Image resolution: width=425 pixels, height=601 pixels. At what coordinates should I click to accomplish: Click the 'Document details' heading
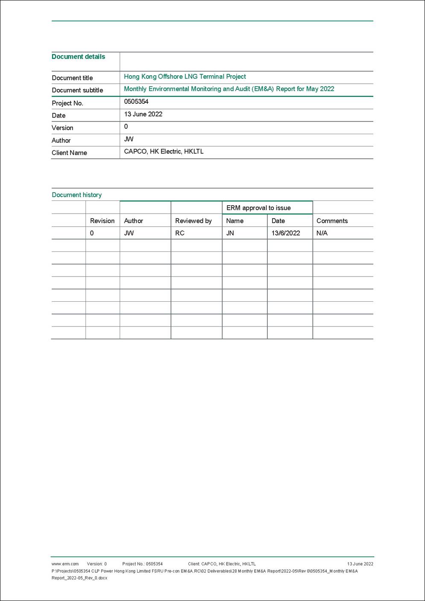point(78,57)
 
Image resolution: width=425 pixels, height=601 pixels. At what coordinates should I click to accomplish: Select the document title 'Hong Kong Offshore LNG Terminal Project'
point(185,77)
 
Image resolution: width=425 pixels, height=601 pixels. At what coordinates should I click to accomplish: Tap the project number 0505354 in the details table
point(136,102)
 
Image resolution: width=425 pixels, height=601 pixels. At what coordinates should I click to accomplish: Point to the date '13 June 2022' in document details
point(143,114)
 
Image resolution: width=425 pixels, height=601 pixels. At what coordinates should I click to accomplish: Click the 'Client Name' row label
point(69,153)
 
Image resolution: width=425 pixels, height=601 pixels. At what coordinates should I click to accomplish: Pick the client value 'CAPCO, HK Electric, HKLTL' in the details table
point(164,152)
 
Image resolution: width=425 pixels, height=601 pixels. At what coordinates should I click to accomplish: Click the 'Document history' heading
point(76,195)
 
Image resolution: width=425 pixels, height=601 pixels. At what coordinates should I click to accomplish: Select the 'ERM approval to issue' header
point(258,208)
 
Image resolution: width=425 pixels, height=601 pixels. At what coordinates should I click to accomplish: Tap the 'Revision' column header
point(102,221)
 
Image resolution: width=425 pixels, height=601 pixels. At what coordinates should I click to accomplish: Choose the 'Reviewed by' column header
point(193,221)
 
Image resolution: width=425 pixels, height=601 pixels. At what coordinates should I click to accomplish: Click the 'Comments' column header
point(332,221)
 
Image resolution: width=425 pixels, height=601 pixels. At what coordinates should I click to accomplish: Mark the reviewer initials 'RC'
point(180,233)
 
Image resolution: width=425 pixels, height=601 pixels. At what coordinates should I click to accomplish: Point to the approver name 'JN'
point(230,233)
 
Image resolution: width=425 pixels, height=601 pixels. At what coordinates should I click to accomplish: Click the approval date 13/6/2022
point(286,233)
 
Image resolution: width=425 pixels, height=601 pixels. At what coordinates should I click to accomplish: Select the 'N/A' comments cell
point(322,233)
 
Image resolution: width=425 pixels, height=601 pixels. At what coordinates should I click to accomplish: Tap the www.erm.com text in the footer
point(65,564)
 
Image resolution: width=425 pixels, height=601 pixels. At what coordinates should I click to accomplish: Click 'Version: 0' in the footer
point(97,564)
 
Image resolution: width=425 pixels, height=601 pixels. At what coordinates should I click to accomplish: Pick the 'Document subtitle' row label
point(77,90)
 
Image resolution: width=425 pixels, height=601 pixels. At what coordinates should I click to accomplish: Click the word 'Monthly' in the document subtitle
point(135,89)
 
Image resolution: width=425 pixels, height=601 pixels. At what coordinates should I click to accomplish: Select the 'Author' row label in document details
point(61,141)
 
